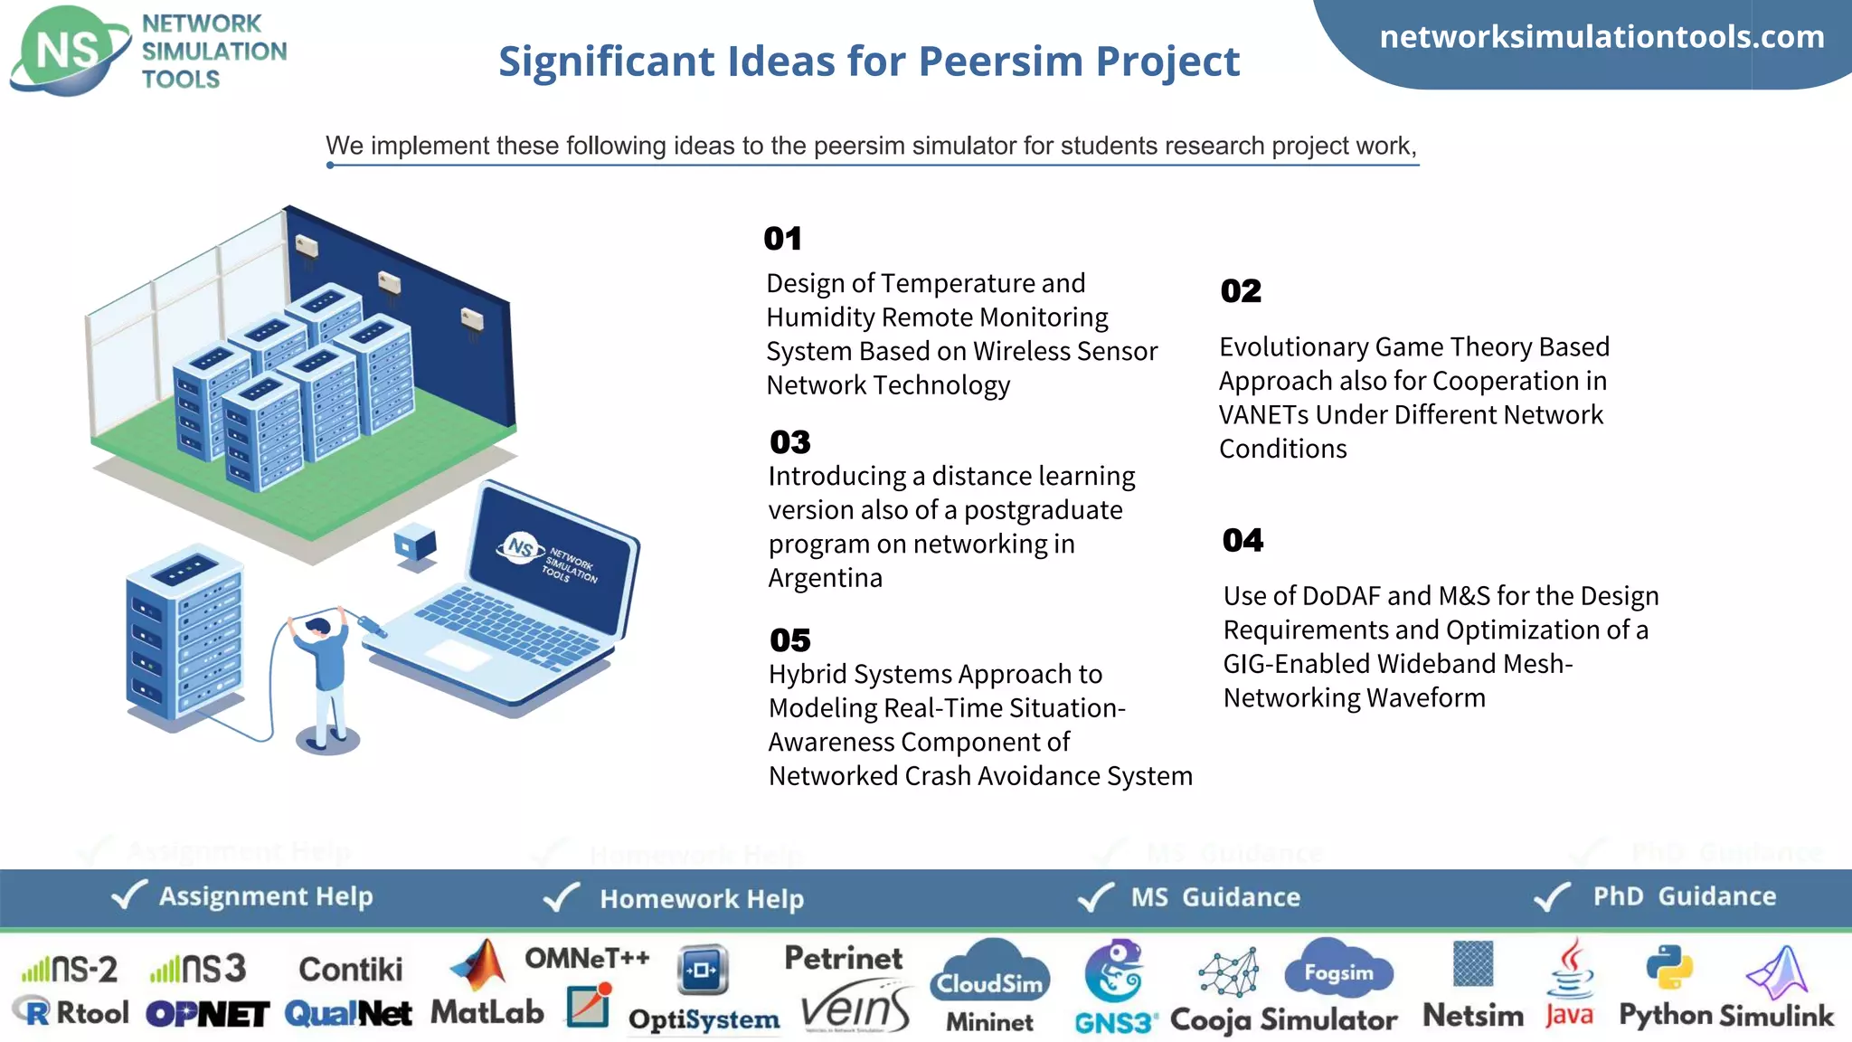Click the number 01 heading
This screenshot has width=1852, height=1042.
(x=782, y=239)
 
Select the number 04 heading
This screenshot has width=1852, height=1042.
(x=1243, y=540)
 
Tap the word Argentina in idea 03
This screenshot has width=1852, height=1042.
(x=825, y=578)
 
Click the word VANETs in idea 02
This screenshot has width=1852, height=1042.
(x=1263, y=415)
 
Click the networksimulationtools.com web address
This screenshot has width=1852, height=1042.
(x=1602, y=37)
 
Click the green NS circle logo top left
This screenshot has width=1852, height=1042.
(x=68, y=51)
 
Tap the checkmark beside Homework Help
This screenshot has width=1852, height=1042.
(x=561, y=897)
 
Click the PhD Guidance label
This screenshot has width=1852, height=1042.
(x=1684, y=896)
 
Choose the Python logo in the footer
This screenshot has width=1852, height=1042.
(x=1668, y=968)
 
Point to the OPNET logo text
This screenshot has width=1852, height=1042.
(x=207, y=1015)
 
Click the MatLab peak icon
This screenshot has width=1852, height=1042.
(x=480, y=966)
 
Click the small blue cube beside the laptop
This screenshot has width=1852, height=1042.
(x=415, y=545)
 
